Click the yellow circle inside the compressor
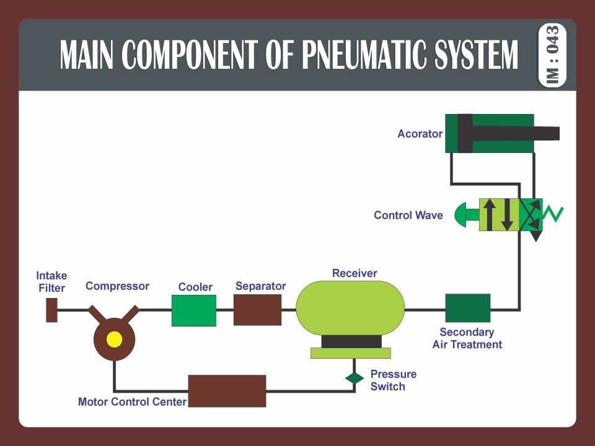coord(114,339)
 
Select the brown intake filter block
coord(52,310)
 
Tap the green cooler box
coord(193,310)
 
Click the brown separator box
coord(257,310)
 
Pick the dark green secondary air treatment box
coord(468,308)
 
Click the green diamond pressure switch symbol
coord(355,378)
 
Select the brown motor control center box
coord(227,391)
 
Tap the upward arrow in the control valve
coord(489,214)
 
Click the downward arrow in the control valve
coord(507,214)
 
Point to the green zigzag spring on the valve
coord(553,214)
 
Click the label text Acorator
coord(420,134)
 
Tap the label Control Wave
coord(408,216)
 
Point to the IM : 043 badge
coord(553,55)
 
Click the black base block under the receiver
coord(351,341)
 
